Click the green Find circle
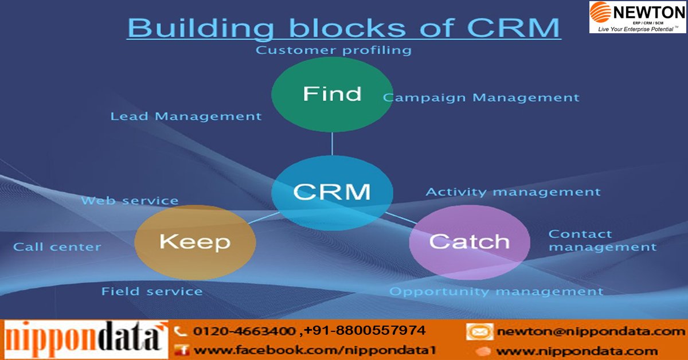(x=332, y=94)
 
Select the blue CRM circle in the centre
(x=332, y=191)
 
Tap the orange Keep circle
(x=194, y=242)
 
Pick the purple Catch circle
(x=469, y=242)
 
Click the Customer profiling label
(x=334, y=50)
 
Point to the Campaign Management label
(x=481, y=98)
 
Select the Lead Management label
(x=186, y=116)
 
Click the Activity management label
(x=513, y=192)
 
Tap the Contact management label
(x=602, y=241)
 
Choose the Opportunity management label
(x=496, y=292)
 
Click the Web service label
(x=130, y=201)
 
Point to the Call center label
(x=57, y=247)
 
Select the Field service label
(x=152, y=292)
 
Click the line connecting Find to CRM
(x=332, y=143)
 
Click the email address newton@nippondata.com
(x=591, y=331)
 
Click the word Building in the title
(x=198, y=28)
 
